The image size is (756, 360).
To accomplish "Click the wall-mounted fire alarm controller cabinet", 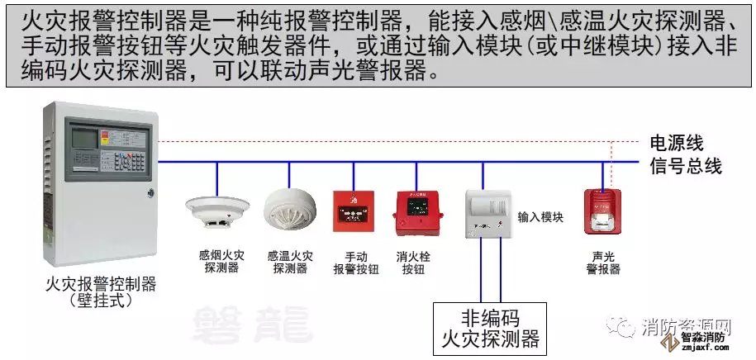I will (97, 186).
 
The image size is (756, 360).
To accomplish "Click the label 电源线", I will (676, 143).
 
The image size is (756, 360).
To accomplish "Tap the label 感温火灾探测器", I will (290, 263).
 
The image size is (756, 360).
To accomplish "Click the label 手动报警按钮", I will (355, 263).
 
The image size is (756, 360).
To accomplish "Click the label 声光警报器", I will (603, 263).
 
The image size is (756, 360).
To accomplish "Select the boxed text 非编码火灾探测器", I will (490, 329).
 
